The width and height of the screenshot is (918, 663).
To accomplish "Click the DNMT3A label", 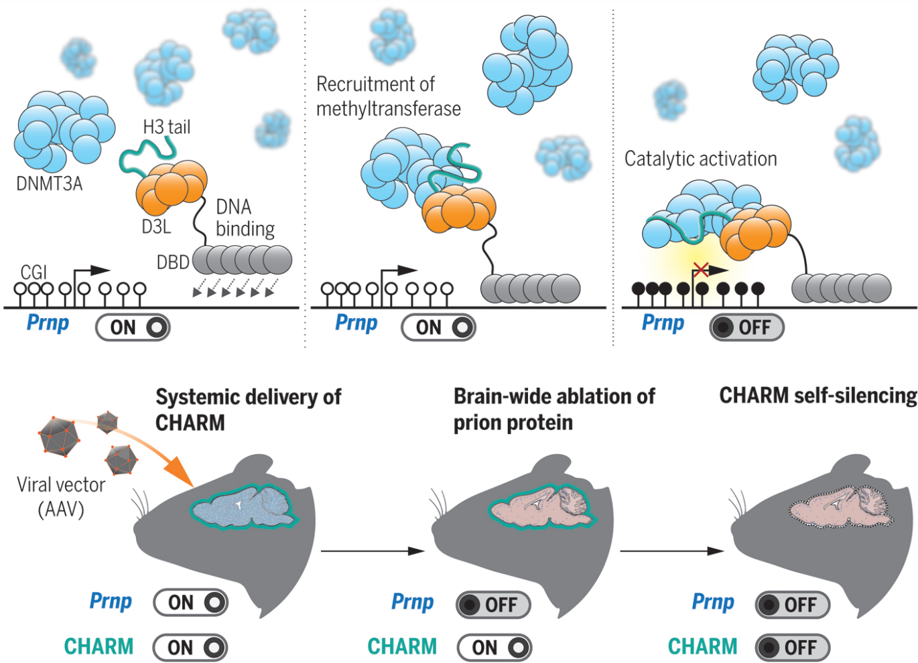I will pyautogui.click(x=50, y=183).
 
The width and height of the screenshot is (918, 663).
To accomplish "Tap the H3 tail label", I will pyautogui.click(x=167, y=127).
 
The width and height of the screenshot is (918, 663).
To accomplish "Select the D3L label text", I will pyautogui.click(x=156, y=227).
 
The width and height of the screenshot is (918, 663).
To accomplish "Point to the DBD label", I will pyautogui.click(x=173, y=263).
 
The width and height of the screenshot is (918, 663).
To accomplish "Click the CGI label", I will pyautogui.click(x=34, y=272).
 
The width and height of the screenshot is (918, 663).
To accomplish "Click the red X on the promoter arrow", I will pyautogui.click(x=700, y=270).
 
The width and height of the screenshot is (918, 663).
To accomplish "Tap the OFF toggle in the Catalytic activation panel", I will pyautogui.click(x=746, y=327).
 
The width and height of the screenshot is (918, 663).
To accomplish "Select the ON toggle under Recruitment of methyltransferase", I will pyautogui.click(x=438, y=327).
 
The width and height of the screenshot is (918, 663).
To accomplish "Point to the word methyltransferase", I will pyautogui.click(x=389, y=108).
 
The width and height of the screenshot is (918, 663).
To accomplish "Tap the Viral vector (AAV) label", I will pyautogui.click(x=61, y=497).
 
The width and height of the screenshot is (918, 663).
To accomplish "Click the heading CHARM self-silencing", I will pyautogui.click(x=817, y=396).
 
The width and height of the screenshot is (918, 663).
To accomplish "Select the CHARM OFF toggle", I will pyautogui.click(x=793, y=648).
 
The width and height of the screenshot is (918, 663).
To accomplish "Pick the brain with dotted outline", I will pyautogui.click(x=842, y=507).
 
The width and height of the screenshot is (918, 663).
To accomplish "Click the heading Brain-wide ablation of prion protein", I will pyautogui.click(x=553, y=409).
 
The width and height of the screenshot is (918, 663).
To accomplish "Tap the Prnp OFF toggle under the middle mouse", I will pyautogui.click(x=493, y=605).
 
